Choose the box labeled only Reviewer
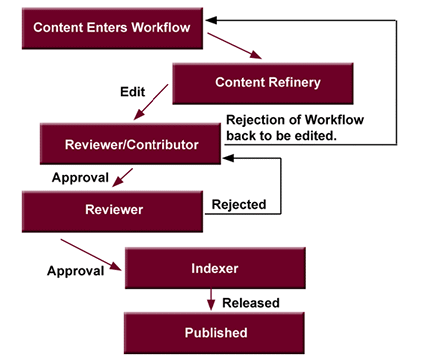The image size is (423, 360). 113,210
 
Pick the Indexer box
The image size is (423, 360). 212,269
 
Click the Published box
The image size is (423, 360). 212,331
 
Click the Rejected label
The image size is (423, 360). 239,205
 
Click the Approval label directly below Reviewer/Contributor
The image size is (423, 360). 75,178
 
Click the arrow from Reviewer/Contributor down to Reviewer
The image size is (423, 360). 123,178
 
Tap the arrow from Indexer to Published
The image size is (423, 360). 212,300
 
